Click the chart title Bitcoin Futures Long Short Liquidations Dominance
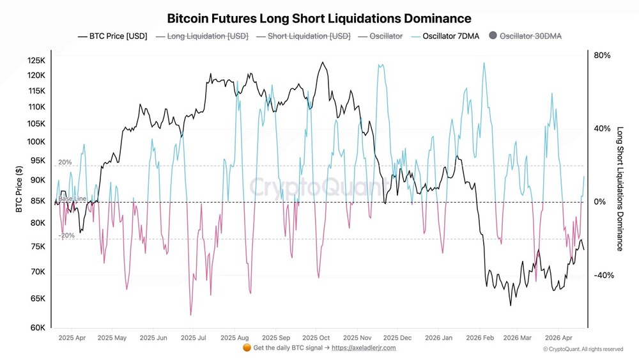pyautogui.click(x=319, y=19)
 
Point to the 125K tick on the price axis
pyautogui.click(x=36, y=61)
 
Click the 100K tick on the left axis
pyautogui.click(x=36, y=141)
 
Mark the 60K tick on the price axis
pyautogui.click(x=38, y=327)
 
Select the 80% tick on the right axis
pyautogui.click(x=602, y=56)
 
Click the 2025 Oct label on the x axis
pyautogui.click(x=316, y=337)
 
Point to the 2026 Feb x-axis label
pyautogui.click(x=480, y=337)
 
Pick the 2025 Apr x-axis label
pyautogui.click(x=72, y=337)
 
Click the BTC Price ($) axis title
pyautogui.click(x=19, y=189)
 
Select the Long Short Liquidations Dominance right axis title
pyautogui.click(x=619, y=189)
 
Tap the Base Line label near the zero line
pyautogui.click(x=72, y=199)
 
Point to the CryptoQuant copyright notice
pyautogui.click(x=583, y=349)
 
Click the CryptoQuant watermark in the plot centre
pyautogui.click(x=318, y=187)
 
